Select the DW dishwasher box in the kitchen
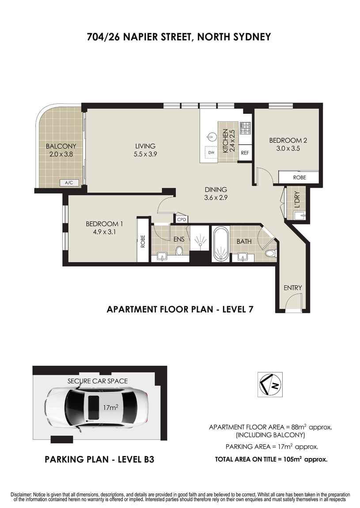pos(211,152)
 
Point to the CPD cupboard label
pos(182,219)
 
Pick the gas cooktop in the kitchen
pos(245,128)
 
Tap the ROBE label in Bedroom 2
pos(299,178)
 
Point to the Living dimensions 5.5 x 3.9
pos(145,154)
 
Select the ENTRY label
pos(292,288)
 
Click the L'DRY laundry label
pos(297,200)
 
